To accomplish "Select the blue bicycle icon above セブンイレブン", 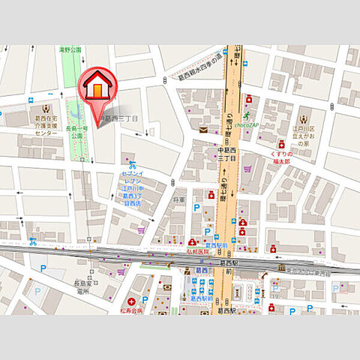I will click(x=132, y=166).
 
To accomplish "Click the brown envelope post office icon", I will click(x=203, y=130).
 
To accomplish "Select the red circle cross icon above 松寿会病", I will click(x=131, y=299).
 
